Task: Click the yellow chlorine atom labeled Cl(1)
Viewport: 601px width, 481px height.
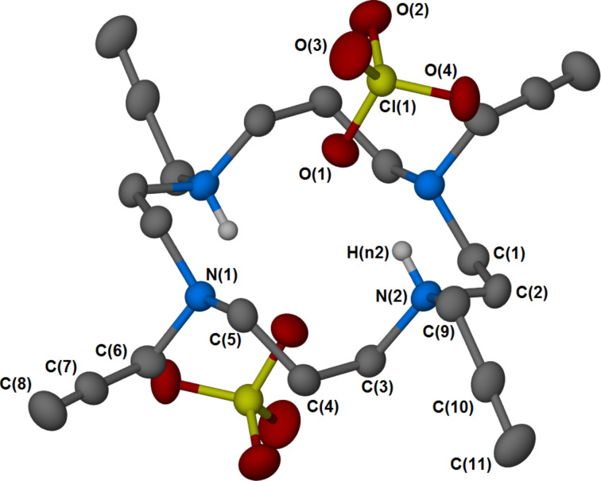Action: tap(382, 80)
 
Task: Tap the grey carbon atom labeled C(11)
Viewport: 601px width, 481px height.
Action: tap(518, 436)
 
